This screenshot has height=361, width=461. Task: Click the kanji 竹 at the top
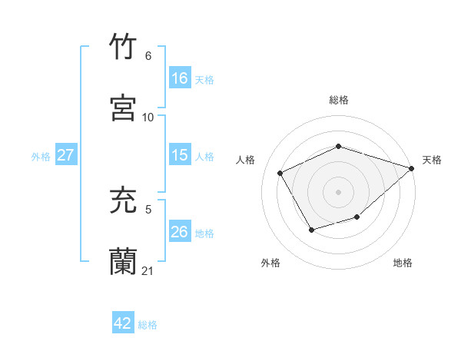124,48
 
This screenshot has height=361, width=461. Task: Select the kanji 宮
124,108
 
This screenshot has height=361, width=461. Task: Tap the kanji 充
124,201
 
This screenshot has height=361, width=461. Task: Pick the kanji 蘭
124,262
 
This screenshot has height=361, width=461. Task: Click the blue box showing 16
180,78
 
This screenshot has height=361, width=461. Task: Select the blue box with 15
180,155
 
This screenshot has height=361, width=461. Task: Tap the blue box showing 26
180,232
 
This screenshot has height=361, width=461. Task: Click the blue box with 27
66,155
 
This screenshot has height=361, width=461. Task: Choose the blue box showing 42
123,323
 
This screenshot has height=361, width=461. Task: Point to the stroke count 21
148,271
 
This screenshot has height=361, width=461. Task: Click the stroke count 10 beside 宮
148,117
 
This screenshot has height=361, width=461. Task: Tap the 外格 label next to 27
41,156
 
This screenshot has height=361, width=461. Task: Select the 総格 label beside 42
148,324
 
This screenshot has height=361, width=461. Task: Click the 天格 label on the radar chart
432,160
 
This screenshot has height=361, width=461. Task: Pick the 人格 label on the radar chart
246,160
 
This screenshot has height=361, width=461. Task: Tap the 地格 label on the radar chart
403,263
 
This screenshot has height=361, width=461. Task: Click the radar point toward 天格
413,168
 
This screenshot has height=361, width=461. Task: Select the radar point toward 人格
280,173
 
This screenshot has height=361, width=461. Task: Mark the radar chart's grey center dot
338,192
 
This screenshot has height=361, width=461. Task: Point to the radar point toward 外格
311,230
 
